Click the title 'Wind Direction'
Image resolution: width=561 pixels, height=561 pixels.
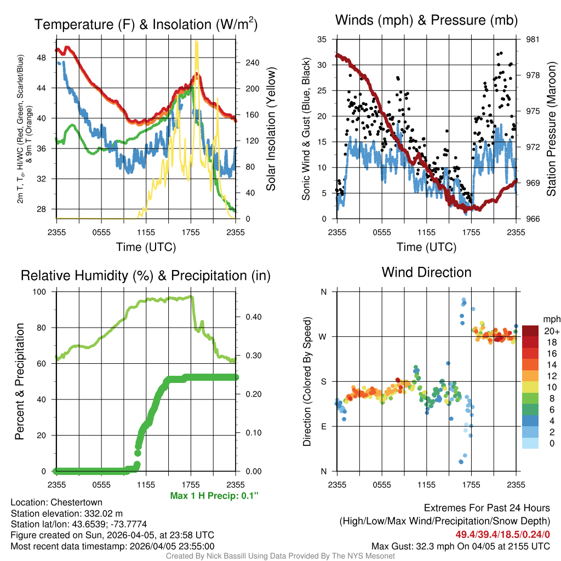(426, 272)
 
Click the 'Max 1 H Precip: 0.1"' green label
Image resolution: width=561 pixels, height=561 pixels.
(214, 496)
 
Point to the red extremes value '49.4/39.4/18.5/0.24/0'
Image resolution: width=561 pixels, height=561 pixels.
(502, 534)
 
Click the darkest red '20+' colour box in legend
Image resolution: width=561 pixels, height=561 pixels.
(530, 330)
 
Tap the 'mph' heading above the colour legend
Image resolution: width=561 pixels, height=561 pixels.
(551, 319)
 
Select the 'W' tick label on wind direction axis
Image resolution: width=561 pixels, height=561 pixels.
(323, 336)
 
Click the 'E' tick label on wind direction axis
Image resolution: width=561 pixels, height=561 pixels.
(324, 426)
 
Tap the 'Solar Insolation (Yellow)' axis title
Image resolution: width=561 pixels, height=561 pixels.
(271, 129)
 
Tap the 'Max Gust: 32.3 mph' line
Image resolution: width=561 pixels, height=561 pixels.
(460, 546)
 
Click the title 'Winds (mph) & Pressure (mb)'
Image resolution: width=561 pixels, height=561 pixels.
(426, 20)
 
